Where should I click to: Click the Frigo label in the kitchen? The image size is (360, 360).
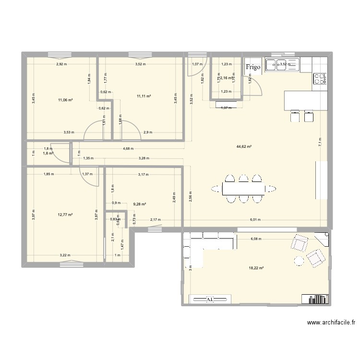click(253, 67)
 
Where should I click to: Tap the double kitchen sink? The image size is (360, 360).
click(282, 64)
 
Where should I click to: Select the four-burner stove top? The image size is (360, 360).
click(320, 79)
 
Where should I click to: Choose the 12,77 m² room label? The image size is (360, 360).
click(65, 215)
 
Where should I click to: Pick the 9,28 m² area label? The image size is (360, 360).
click(140, 204)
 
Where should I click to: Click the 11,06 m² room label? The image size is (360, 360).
click(65, 100)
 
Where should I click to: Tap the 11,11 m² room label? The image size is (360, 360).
click(144, 96)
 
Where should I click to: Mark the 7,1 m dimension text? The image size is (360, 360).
click(320, 142)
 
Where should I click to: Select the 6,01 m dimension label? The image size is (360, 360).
click(254, 220)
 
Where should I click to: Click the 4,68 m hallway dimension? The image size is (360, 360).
click(128, 149)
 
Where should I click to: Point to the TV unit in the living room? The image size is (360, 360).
click(210, 300)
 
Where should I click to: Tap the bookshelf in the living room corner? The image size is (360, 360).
click(316, 300)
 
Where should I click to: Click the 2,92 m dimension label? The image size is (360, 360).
click(62, 64)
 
